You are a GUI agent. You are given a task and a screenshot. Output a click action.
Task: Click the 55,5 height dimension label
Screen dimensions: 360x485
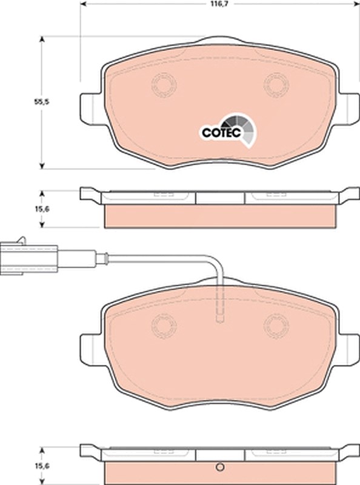[41, 102]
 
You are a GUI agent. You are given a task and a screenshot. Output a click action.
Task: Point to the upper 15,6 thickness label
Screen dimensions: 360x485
[42, 209]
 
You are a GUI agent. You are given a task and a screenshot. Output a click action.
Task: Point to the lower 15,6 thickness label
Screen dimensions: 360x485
[42, 466]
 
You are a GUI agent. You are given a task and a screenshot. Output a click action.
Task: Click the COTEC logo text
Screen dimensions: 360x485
[221, 133]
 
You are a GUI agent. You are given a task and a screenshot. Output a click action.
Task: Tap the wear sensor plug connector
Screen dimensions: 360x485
[28, 258]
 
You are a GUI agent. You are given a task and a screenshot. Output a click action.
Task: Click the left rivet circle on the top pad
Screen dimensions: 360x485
[164, 84]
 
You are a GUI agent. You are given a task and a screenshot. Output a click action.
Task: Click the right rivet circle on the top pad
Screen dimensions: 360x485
[276, 84]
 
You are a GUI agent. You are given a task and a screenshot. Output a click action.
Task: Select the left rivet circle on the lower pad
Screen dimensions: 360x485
[164, 326]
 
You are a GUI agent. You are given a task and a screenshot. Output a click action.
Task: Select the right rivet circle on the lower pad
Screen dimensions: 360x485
[276, 326]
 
